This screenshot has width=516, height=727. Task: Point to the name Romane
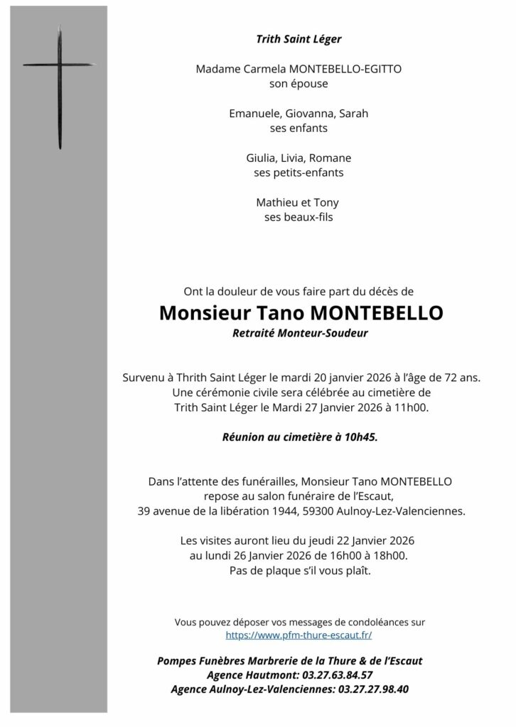[x=333, y=158]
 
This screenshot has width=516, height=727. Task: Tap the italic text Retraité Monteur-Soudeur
[x=299, y=332]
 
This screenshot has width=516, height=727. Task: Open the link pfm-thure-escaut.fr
[x=299, y=635]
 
